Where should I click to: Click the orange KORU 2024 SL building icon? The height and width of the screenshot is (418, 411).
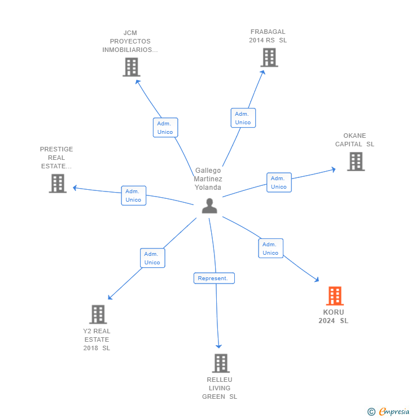335,296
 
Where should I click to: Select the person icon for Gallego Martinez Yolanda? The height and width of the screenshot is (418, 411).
209,206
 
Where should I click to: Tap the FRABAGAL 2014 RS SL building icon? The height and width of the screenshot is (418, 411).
269,58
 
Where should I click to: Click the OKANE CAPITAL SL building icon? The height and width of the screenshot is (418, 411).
356,162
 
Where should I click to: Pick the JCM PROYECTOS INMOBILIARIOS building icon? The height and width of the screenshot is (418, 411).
131,67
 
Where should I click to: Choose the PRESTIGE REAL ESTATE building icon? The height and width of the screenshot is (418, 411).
58,184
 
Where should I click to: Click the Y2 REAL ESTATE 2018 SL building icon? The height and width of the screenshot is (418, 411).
98,315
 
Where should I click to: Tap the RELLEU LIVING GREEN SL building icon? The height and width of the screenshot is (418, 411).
221,363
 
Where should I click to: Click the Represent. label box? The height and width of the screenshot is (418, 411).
213,278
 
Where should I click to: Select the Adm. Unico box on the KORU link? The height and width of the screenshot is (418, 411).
270,249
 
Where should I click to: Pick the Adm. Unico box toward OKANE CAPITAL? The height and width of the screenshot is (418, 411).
279,182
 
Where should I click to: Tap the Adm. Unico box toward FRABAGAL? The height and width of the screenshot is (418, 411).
243,118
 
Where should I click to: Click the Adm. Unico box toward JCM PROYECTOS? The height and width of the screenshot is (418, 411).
165,128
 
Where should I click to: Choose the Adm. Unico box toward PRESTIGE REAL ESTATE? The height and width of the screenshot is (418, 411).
133,195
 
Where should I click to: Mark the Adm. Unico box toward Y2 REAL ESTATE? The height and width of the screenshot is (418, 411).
152,258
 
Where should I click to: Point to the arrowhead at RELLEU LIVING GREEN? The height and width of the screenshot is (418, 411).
219,346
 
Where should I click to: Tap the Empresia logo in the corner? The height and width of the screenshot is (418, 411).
389,411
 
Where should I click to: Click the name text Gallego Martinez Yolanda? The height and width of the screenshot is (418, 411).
208,179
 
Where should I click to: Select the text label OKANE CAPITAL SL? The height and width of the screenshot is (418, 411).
355,140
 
